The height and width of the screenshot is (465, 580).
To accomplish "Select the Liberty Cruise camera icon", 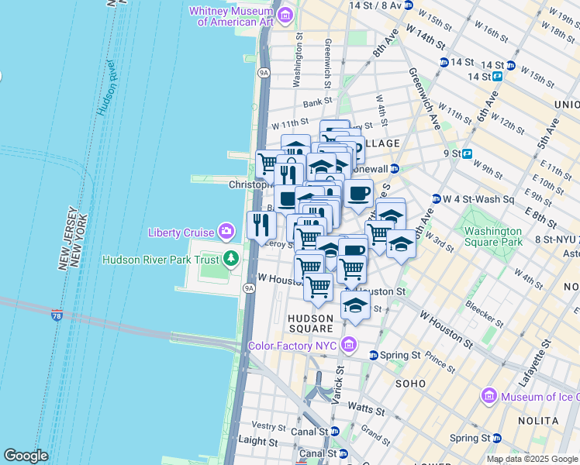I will pyautogui.click(x=226, y=231).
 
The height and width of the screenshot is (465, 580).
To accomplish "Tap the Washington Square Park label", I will pyautogui.click(x=492, y=236).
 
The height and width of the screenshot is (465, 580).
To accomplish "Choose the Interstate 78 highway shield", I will pyautogui.click(x=57, y=315).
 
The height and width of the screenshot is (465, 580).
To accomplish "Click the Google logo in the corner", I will pyautogui.click(x=26, y=456).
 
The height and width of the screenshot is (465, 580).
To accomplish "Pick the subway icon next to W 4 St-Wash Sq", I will pyautogui.click(x=436, y=199).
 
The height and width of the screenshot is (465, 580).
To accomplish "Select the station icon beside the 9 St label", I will pyautogui.click(x=468, y=153).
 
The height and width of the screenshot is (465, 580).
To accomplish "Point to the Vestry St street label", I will pyautogui.click(x=270, y=426).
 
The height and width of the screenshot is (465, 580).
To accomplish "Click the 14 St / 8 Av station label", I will pyautogui.click(x=375, y=5).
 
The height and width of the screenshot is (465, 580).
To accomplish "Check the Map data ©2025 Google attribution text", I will pyautogui.click(x=532, y=459).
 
